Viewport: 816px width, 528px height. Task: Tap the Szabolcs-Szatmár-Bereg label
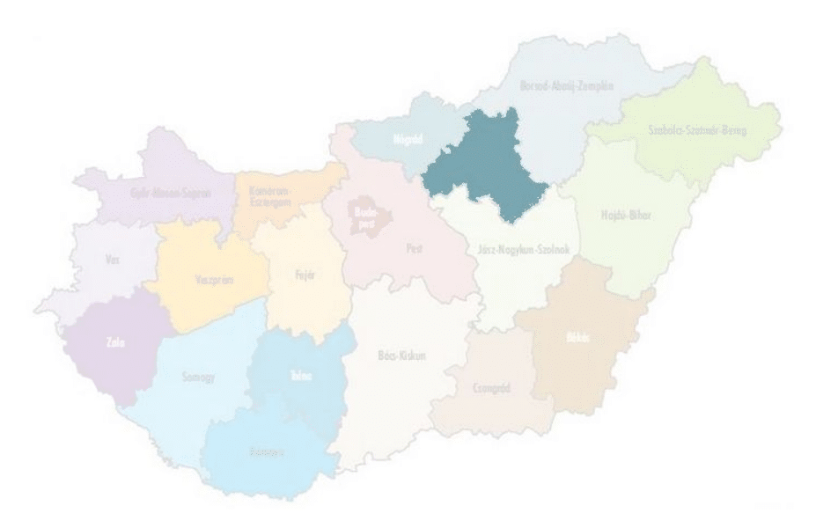click(x=696, y=130)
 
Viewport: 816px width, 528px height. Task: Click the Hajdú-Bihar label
click(x=626, y=216)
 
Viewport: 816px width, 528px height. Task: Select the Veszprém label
click(x=209, y=284)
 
